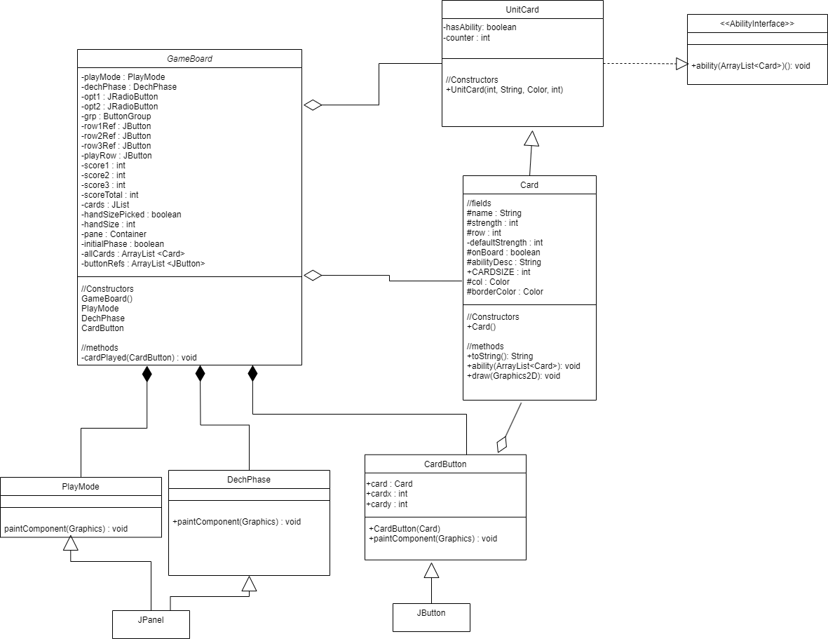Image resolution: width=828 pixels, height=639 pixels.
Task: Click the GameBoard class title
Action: pos(189,59)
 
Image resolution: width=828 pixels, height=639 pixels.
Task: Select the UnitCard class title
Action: pos(522,10)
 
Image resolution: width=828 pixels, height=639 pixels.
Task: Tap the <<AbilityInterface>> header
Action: pos(757,24)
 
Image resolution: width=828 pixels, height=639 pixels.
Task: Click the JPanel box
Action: pos(151,624)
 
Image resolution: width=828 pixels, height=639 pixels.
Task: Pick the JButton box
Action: pos(431,617)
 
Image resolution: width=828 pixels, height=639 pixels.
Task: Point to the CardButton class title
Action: pos(445,464)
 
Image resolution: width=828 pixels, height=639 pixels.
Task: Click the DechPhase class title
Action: pos(249,480)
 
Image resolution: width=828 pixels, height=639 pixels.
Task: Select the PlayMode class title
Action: pos(80,486)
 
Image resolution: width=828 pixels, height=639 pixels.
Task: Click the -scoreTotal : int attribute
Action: pos(110,195)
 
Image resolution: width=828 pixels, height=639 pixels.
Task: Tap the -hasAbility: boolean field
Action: pos(480,27)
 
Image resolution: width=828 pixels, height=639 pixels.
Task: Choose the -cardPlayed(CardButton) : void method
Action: pos(139,358)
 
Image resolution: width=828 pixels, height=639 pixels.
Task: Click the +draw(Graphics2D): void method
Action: pos(513,376)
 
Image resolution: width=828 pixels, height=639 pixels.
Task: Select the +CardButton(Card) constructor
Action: pos(405,529)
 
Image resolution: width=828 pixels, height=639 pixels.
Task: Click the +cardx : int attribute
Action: pos(386,494)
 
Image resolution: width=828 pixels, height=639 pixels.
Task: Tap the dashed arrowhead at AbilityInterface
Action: pos(681,64)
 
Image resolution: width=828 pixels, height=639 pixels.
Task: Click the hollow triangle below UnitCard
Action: pos(531,138)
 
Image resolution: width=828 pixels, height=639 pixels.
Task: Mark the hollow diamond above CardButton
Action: pos(502,445)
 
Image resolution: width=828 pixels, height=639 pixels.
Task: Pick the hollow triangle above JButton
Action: pos(431,570)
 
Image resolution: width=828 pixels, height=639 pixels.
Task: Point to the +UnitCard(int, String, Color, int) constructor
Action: pos(504,90)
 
